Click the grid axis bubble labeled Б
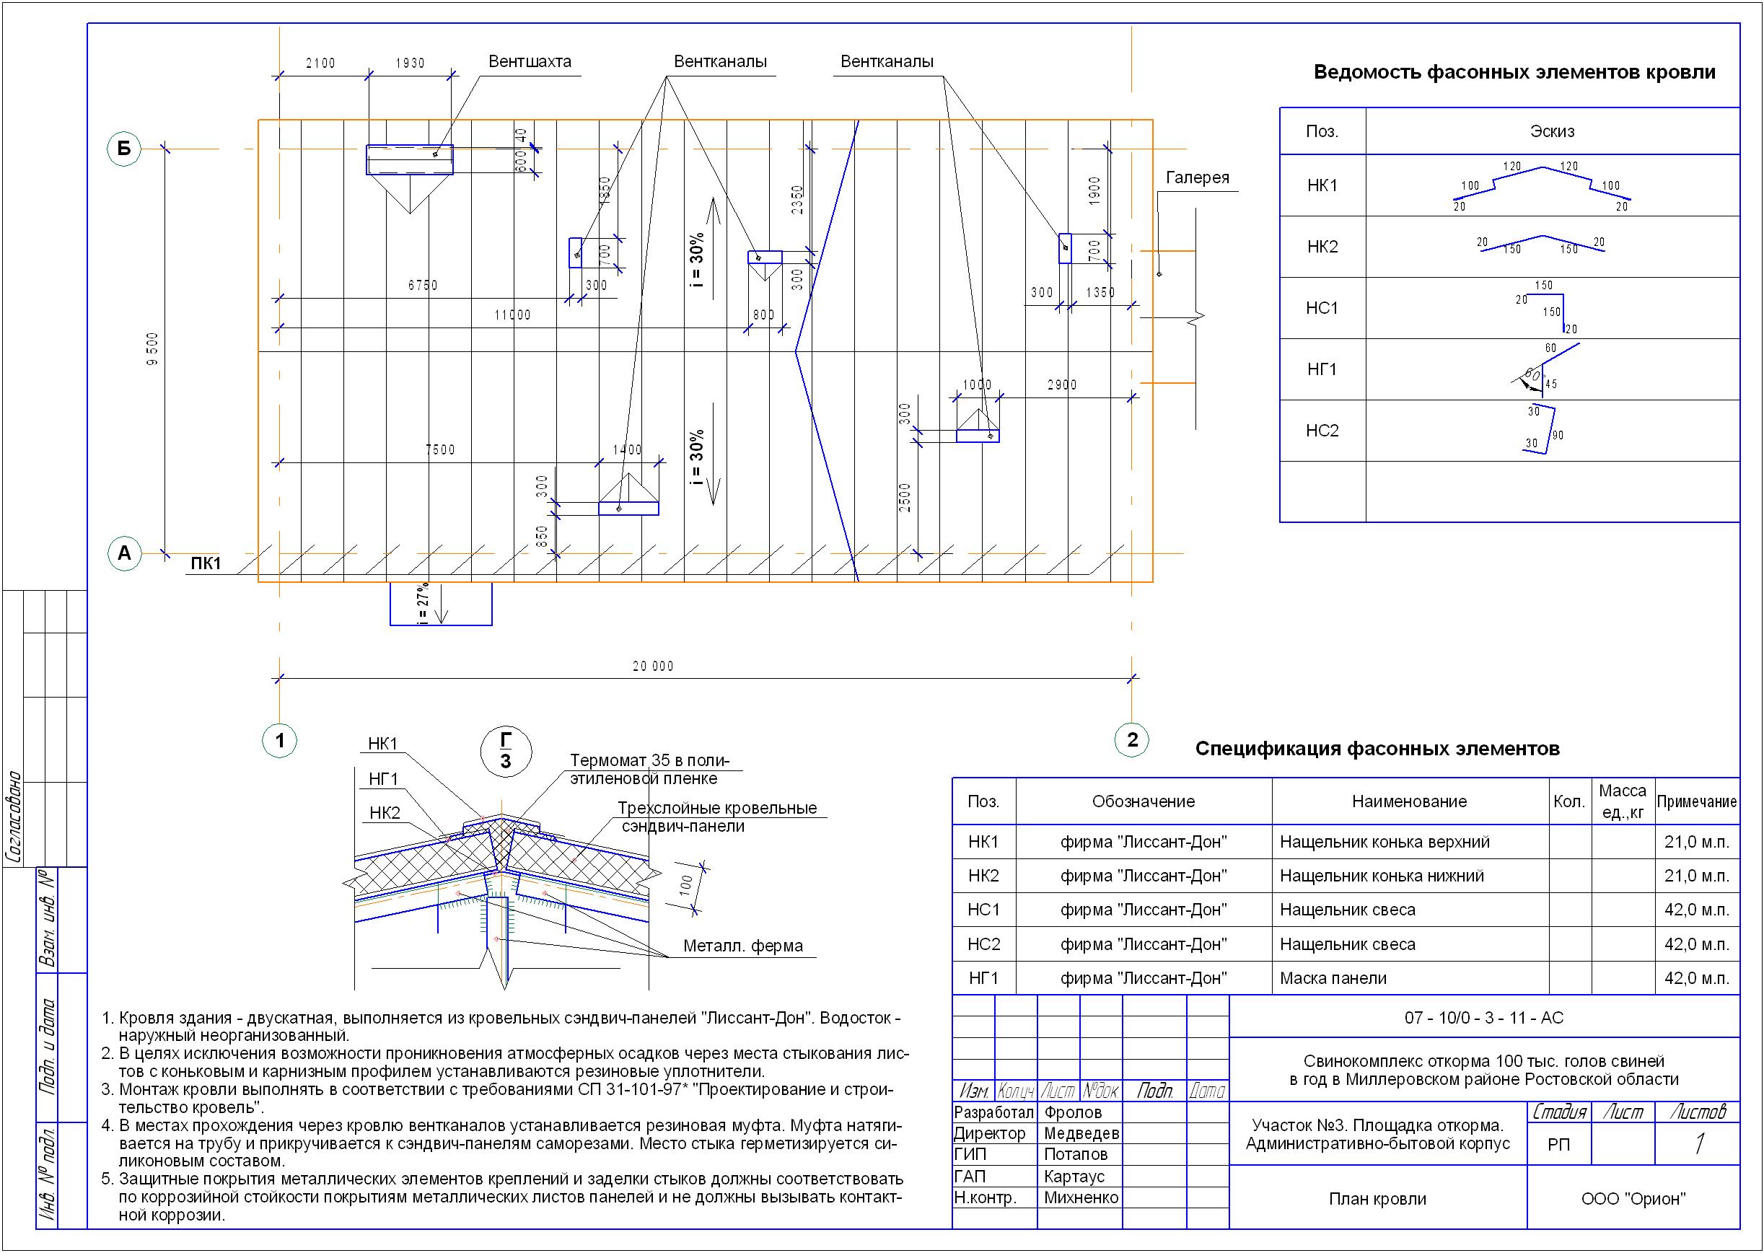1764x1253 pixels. tap(123, 148)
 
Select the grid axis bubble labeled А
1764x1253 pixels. tap(123, 553)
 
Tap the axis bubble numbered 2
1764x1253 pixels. tap(1132, 740)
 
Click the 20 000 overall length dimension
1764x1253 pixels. tap(653, 667)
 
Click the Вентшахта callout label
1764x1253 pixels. tap(530, 62)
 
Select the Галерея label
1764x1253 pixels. tap(1197, 177)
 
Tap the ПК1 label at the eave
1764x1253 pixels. tap(206, 564)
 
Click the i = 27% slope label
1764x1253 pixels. tap(422, 604)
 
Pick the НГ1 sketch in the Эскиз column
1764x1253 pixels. tap(1545, 369)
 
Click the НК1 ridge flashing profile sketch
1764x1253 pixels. tap(1541, 186)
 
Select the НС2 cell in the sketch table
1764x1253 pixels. tap(1322, 431)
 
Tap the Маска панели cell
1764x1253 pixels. tap(1333, 978)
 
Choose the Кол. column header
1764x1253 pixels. tap(1568, 801)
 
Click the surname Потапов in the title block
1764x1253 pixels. tap(1075, 1154)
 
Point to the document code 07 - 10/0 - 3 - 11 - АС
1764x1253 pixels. tap(1483, 1018)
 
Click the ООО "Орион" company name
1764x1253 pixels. tap(1633, 1198)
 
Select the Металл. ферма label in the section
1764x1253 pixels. tap(742, 946)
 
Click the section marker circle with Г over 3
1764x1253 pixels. tap(506, 751)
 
